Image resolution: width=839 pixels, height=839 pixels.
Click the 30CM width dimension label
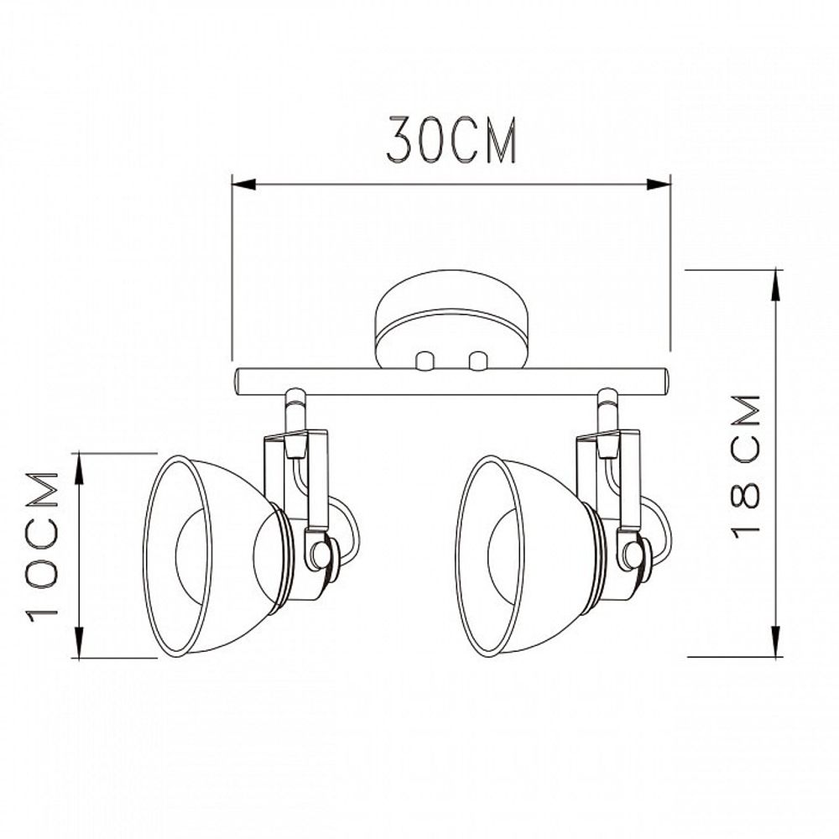coord(451,140)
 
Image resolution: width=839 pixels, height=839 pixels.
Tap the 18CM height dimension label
coord(745,466)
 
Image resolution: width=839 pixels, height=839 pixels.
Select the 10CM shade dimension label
coord(42,546)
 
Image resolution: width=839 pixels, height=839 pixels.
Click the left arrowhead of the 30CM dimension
coord(243,185)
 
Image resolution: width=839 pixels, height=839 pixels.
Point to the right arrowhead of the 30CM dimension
coord(659,185)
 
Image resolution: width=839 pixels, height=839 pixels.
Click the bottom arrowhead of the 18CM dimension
coord(775,641)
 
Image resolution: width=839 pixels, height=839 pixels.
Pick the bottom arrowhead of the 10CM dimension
coord(79,643)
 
